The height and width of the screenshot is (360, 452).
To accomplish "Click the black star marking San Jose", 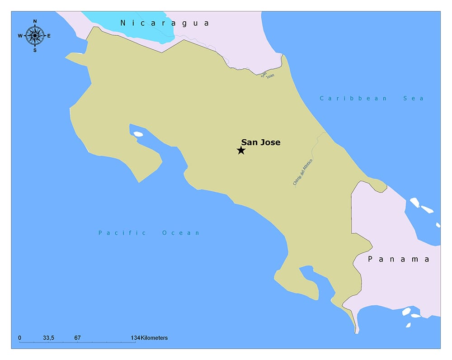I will [241, 150].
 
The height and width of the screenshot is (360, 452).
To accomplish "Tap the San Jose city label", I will [260, 142].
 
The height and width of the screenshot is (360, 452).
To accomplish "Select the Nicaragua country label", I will [165, 23].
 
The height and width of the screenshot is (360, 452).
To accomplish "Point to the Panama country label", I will [398, 259].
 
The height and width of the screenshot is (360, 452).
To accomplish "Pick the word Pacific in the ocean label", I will [122, 233].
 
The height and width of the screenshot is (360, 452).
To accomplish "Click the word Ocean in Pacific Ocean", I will [181, 233].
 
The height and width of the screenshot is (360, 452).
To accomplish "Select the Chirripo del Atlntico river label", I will [303, 172].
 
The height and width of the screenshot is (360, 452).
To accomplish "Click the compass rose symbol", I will [35, 35].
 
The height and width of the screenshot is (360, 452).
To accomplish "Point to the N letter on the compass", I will [35, 21].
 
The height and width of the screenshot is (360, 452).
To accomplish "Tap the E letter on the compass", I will [49, 36].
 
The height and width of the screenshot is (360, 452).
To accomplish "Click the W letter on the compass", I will [20, 36].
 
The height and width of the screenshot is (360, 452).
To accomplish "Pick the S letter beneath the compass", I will [35, 50].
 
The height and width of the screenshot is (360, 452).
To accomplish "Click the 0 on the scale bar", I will [19, 338].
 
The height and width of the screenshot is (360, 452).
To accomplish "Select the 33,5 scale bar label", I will [49, 338].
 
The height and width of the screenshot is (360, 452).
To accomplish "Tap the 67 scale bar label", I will [77, 338].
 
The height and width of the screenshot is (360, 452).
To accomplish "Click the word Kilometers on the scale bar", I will [154, 338].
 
